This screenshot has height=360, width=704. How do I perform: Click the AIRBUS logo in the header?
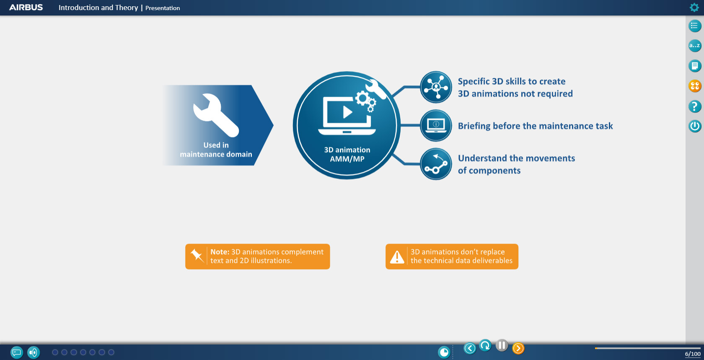pos(26,8)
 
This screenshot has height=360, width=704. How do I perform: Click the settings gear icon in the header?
pos(694,7)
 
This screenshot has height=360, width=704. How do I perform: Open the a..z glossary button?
pos(695,46)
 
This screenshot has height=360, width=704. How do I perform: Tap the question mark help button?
pos(695,106)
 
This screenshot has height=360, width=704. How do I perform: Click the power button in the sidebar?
pos(695,126)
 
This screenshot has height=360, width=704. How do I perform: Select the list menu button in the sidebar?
pos(695,26)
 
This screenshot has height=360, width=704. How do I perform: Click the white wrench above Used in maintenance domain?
pos(216,115)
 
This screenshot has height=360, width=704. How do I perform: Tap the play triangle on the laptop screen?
pos(347,112)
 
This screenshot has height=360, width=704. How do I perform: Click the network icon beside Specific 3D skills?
pos(436,87)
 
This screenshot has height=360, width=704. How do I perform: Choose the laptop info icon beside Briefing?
pos(436,125)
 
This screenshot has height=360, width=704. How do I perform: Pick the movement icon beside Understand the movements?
pos(436,164)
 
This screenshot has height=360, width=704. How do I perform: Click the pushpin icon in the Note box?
pos(197,255)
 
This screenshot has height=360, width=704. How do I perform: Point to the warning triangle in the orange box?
pos(397,257)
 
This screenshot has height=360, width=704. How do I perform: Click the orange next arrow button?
pos(518,348)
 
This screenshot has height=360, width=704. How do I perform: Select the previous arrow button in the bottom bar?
pos(470,348)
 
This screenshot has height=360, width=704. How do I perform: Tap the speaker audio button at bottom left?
pos(34,352)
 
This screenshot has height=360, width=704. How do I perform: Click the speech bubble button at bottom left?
pos(17,352)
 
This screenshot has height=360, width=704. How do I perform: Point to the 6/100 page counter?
pos(693,354)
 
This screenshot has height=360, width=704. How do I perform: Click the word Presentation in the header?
pos(163,8)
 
